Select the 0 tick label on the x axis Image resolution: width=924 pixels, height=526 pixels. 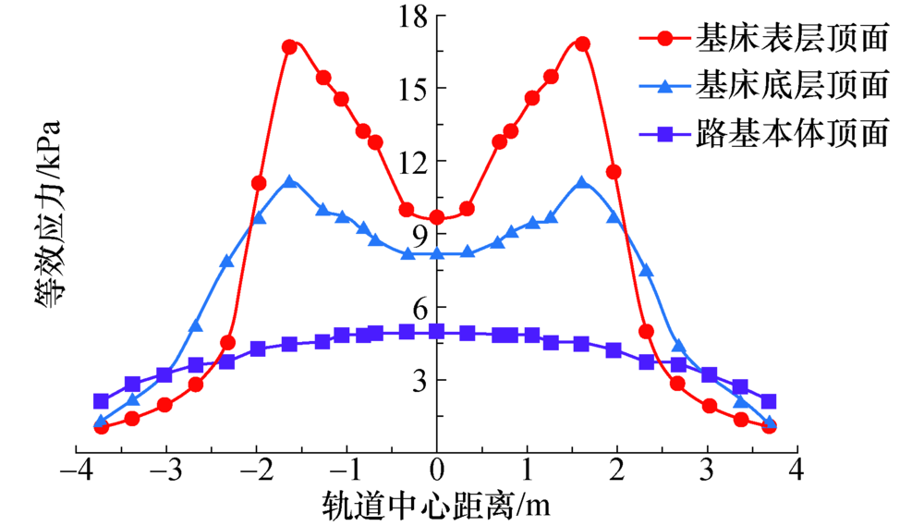pyautogui.click(x=437, y=470)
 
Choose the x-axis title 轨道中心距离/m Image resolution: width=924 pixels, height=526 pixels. pyautogui.click(x=437, y=505)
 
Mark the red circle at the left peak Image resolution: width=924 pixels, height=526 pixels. pyautogui.click(x=289, y=46)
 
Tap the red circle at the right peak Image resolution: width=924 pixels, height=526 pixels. pyautogui.click(x=582, y=43)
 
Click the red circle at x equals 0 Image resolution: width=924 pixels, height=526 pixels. pyautogui.click(x=437, y=217)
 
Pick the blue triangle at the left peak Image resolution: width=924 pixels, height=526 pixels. pyautogui.click(x=290, y=181)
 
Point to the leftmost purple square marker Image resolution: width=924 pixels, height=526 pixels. pyautogui.click(x=102, y=401)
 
